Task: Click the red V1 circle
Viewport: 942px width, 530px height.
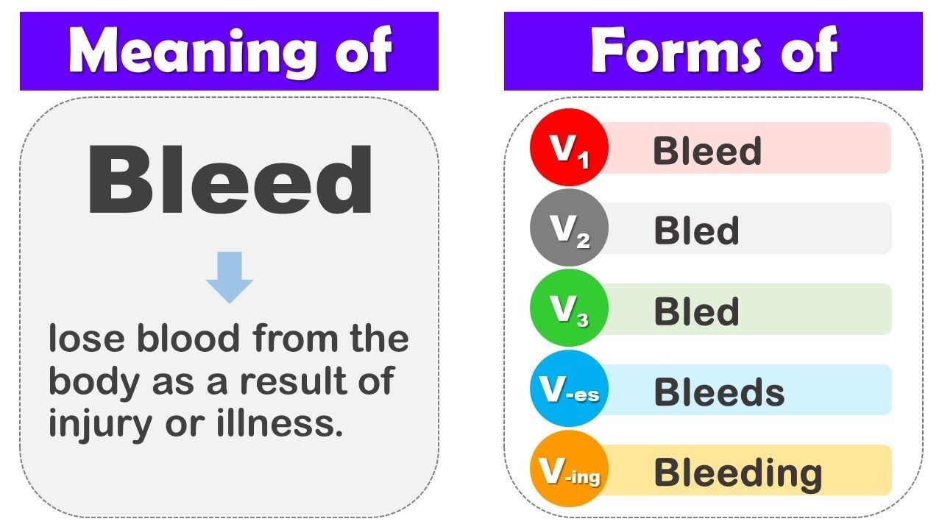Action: pos(568,147)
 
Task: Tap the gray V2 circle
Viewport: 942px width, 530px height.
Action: pos(568,228)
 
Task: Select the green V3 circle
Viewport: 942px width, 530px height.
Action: pos(568,309)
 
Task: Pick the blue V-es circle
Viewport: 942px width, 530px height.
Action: pos(568,389)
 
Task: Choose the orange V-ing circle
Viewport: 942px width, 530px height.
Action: pos(568,470)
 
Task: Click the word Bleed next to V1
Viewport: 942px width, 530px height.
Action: pos(707,151)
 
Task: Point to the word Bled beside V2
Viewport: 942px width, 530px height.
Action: pos(696,231)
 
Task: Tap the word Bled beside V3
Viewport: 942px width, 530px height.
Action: pos(696,312)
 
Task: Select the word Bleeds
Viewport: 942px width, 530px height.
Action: pos(719,392)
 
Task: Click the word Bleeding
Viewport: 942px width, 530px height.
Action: pos(738,473)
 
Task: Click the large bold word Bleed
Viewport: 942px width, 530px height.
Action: pos(230,181)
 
